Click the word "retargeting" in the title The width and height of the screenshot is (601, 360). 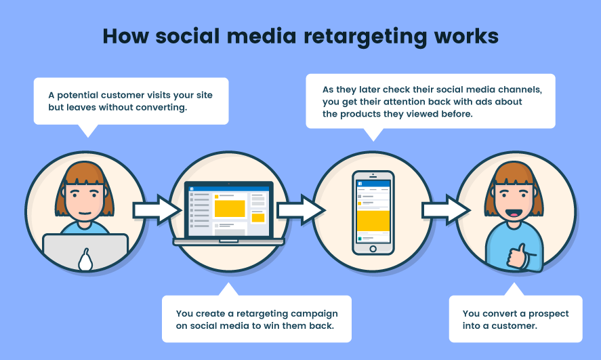pyautogui.click(x=365, y=37)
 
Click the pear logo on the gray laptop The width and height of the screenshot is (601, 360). pyautogui.click(x=85, y=260)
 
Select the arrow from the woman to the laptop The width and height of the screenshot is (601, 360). pyautogui.click(x=157, y=210)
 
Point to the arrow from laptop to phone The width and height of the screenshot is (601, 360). pyautogui.click(x=302, y=210)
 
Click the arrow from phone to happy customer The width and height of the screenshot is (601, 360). pyautogui.click(x=446, y=210)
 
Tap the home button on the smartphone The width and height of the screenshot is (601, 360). pyautogui.click(x=373, y=249)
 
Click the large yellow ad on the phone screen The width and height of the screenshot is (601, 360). pyautogui.click(x=373, y=220)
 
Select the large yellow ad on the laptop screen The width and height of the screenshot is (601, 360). pyautogui.click(x=230, y=209)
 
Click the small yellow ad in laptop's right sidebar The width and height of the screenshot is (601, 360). pyautogui.click(x=258, y=218)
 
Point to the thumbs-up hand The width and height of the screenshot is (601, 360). pyautogui.click(x=518, y=256)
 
